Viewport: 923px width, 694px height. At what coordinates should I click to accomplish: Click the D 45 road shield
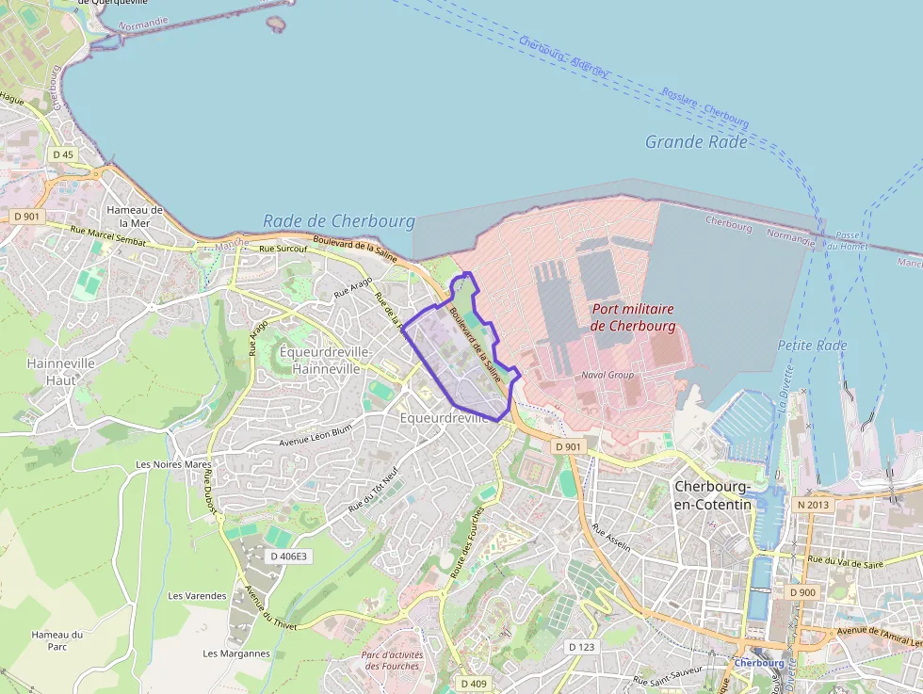[x=63, y=153]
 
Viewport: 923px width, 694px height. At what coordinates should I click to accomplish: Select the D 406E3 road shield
[x=288, y=557]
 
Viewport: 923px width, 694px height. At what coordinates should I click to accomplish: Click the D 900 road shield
[x=802, y=592]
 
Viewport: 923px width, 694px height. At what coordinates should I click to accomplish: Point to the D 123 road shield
[x=582, y=647]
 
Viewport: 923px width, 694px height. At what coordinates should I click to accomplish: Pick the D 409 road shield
[x=474, y=682]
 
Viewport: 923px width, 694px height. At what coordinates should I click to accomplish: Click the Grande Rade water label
[x=696, y=142]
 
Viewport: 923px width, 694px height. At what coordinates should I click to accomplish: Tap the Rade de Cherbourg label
[x=338, y=221]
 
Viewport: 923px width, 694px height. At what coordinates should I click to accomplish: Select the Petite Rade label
[x=812, y=346]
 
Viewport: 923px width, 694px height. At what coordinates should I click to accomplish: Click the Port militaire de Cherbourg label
[x=633, y=317]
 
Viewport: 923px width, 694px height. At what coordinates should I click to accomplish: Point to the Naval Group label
[x=607, y=375]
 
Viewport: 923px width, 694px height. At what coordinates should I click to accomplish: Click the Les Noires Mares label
[x=173, y=464]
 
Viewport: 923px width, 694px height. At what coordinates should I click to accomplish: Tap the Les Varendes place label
[x=197, y=596]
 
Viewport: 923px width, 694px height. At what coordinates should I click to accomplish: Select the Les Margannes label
[x=236, y=654]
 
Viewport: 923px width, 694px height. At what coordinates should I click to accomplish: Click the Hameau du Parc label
[x=57, y=640]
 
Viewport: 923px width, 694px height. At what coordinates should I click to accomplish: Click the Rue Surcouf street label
[x=283, y=249]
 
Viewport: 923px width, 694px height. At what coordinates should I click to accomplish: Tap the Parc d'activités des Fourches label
[x=392, y=660]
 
